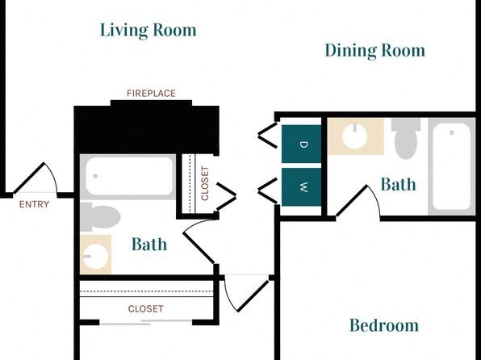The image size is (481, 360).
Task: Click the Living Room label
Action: click(x=148, y=31)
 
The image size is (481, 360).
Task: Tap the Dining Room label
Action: click(x=374, y=51)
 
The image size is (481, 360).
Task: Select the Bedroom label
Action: click(x=384, y=325)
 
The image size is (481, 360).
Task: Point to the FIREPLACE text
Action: click(x=151, y=94)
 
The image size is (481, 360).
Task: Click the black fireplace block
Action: click(x=147, y=128)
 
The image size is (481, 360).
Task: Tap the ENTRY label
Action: click(x=34, y=204)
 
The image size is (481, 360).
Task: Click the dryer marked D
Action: click(x=301, y=144)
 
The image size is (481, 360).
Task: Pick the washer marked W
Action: click(x=301, y=187)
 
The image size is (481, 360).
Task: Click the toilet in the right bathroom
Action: click(x=406, y=138)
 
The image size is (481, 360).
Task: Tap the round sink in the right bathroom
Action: click(x=355, y=136)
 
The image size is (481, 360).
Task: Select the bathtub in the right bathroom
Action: click(x=452, y=166)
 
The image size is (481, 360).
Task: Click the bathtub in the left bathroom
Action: click(x=128, y=177)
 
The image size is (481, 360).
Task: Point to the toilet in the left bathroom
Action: click(x=100, y=216)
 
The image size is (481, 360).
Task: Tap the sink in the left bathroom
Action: click(x=96, y=254)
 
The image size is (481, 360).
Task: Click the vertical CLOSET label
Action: click(x=205, y=183)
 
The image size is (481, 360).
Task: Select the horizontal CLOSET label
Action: click(x=146, y=309)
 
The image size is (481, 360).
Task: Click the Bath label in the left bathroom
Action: click(x=149, y=245)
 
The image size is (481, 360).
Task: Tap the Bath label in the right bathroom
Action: click(x=398, y=185)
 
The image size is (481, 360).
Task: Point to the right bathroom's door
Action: click(x=358, y=201)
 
